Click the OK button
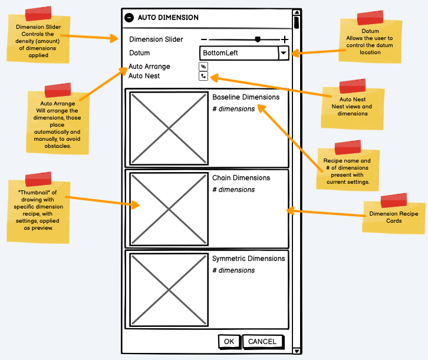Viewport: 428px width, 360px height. pos(229,342)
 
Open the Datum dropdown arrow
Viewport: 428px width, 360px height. pos(284,53)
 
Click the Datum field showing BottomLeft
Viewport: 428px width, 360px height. pos(239,53)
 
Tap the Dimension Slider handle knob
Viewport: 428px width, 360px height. pos(258,39)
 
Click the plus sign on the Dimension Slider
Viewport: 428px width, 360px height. pos(285,39)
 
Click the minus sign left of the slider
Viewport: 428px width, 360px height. pos(204,39)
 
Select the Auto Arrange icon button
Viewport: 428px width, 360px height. pos(203,67)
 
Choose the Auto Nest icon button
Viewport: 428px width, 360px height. pos(203,76)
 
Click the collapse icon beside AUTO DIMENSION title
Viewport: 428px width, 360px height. pos(129,18)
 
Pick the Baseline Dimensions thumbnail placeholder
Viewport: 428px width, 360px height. pos(169,128)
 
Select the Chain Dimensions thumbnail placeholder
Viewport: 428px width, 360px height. pos(169,209)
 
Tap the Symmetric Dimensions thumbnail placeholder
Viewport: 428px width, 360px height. pos(169,289)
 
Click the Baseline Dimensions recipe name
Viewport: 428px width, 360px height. pos(246,97)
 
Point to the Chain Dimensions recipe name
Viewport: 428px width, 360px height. pos(241,178)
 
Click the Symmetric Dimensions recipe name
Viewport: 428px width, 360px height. pos(248,259)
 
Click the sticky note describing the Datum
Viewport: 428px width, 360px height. pos(371,42)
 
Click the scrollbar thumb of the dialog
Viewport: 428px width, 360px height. pos(297,23)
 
